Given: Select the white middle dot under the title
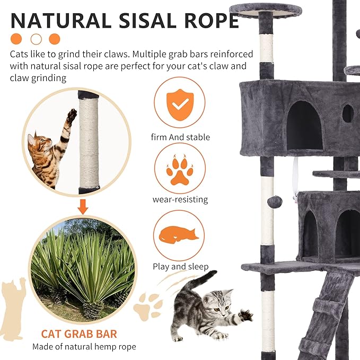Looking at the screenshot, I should click(x=37, y=39).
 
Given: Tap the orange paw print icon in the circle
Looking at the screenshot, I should click(x=180, y=168).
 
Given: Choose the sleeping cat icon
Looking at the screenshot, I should click(x=180, y=234).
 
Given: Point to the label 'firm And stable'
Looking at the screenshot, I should click(x=180, y=137).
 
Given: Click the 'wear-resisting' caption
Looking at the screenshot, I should click(x=180, y=199).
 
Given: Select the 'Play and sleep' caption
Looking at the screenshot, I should click(x=180, y=267).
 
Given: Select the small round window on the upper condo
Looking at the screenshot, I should click(x=348, y=113).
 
